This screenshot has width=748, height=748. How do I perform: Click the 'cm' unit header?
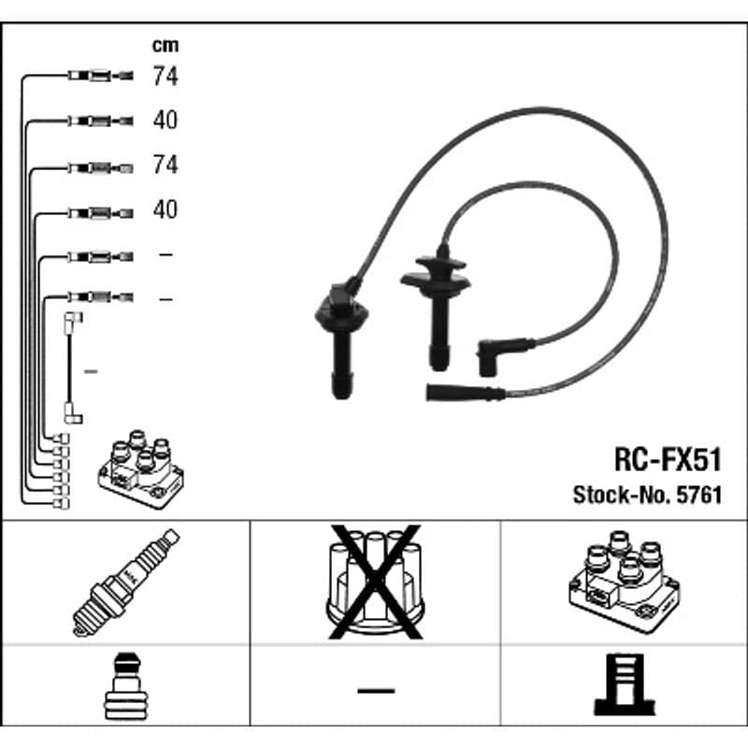[x=165, y=46]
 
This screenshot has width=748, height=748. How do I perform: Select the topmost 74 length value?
[x=165, y=76]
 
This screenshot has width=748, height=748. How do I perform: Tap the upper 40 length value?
[x=165, y=120]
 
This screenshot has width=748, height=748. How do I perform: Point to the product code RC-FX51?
[x=668, y=460]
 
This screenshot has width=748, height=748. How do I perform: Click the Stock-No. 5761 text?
[x=647, y=496]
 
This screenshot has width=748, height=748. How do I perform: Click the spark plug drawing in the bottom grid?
[x=126, y=582]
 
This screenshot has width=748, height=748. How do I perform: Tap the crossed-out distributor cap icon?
[x=376, y=582]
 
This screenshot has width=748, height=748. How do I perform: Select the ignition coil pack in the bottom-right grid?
[x=624, y=582]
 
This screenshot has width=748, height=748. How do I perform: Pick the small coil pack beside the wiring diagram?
[x=141, y=469]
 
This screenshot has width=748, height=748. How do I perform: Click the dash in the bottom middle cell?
[x=376, y=690]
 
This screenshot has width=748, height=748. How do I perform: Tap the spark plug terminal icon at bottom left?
[x=126, y=686]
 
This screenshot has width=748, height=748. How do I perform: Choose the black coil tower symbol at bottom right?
[x=625, y=684]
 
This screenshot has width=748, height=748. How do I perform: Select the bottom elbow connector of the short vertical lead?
[x=73, y=413]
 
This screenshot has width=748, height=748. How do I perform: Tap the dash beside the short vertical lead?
[x=91, y=371]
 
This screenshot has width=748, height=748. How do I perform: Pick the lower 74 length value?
[x=165, y=165]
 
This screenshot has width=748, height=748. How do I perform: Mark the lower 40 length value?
[x=165, y=209]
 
